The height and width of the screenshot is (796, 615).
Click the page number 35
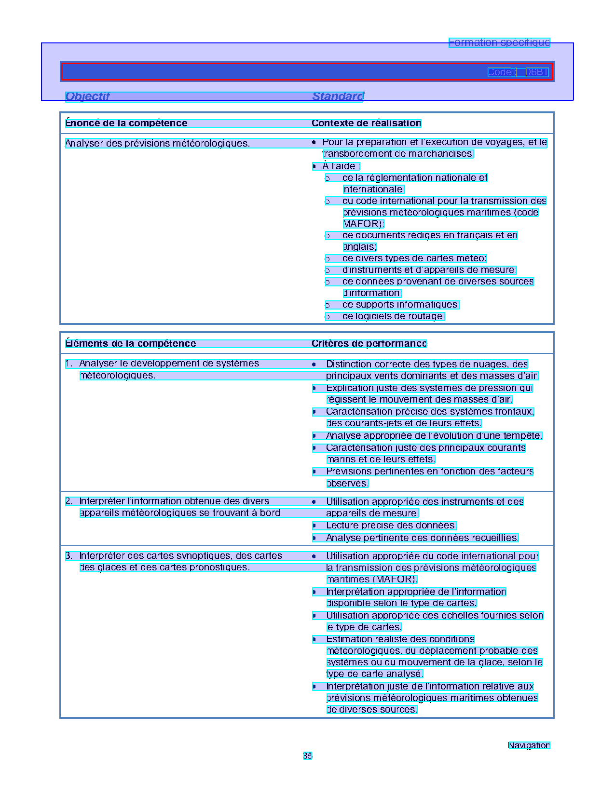point(307,756)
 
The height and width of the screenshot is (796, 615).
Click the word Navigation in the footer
point(529,745)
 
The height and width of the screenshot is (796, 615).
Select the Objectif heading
point(88,96)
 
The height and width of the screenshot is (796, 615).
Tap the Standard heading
point(338,96)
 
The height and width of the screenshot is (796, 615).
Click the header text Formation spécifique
point(499,42)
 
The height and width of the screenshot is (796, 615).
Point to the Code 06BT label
point(518,72)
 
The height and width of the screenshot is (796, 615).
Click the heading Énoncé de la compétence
point(126,123)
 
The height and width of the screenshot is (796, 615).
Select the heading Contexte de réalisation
point(366,123)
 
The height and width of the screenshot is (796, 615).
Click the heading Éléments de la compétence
point(131,344)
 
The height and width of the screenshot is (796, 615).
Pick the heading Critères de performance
point(369,344)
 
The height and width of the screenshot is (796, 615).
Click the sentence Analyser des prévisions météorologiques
point(158,144)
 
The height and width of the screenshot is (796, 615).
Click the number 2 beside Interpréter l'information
point(68,501)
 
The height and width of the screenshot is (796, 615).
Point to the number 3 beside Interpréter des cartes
point(68,556)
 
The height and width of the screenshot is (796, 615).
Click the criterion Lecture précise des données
point(391,526)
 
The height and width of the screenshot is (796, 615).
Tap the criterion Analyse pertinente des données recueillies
point(422,538)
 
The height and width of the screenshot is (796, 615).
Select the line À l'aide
point(341,166)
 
